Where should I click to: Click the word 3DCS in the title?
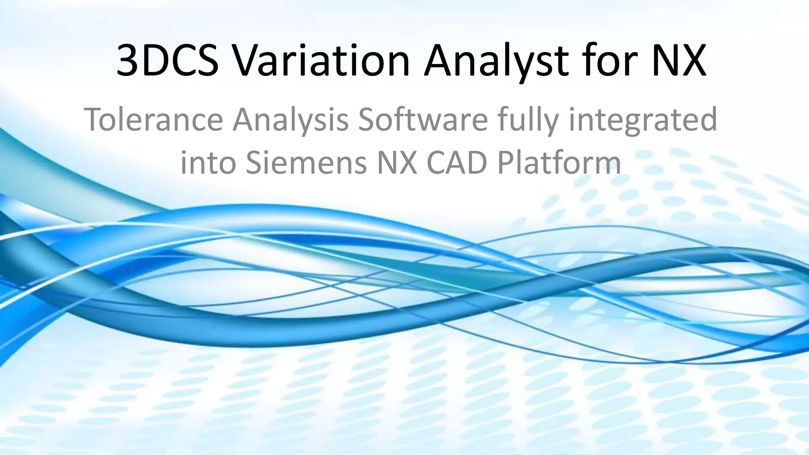[167, 61]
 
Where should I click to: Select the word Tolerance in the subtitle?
[153, 119]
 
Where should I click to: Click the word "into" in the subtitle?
[208, 163]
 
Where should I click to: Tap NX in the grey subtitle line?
[397, 163]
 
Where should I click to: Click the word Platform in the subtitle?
[559, 163]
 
